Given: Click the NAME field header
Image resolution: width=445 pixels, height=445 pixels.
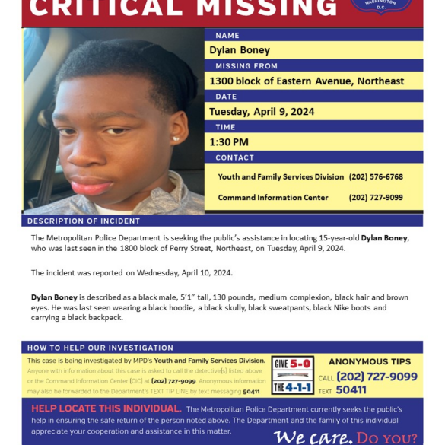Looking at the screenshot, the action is pos(227,36).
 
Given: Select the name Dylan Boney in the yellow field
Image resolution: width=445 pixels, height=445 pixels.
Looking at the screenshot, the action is pos(240,50).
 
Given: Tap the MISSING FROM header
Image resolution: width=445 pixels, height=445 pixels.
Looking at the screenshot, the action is pos(244,66).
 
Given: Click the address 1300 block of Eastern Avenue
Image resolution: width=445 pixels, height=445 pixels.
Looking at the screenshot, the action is pos(307,81).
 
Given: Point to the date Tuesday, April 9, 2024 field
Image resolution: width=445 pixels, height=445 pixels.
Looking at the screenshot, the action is pos(262,112).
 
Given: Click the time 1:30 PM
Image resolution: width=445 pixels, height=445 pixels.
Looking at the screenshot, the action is pos(229,142).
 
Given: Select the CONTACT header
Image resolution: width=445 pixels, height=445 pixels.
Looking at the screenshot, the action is pos(234,157).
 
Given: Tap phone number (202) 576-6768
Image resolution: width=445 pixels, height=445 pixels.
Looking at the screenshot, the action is pos(376,176).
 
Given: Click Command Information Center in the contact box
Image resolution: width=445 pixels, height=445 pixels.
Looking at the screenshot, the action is pos(273,198).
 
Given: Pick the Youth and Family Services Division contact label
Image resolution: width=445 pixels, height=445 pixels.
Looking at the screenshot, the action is pos(281,176).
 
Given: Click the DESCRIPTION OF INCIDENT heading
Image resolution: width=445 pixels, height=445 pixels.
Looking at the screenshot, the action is pos(84,221).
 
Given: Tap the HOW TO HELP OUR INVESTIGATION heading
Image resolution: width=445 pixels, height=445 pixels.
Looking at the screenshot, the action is pos(100,348).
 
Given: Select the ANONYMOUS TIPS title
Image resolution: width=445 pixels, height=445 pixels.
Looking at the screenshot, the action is pos(370,362).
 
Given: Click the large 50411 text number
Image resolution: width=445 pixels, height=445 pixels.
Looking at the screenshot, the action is pos(351,390).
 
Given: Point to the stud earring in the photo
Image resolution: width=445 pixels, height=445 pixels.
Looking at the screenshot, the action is pos(175,138).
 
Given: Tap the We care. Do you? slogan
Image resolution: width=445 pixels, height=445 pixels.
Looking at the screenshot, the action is pos(345,437).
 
